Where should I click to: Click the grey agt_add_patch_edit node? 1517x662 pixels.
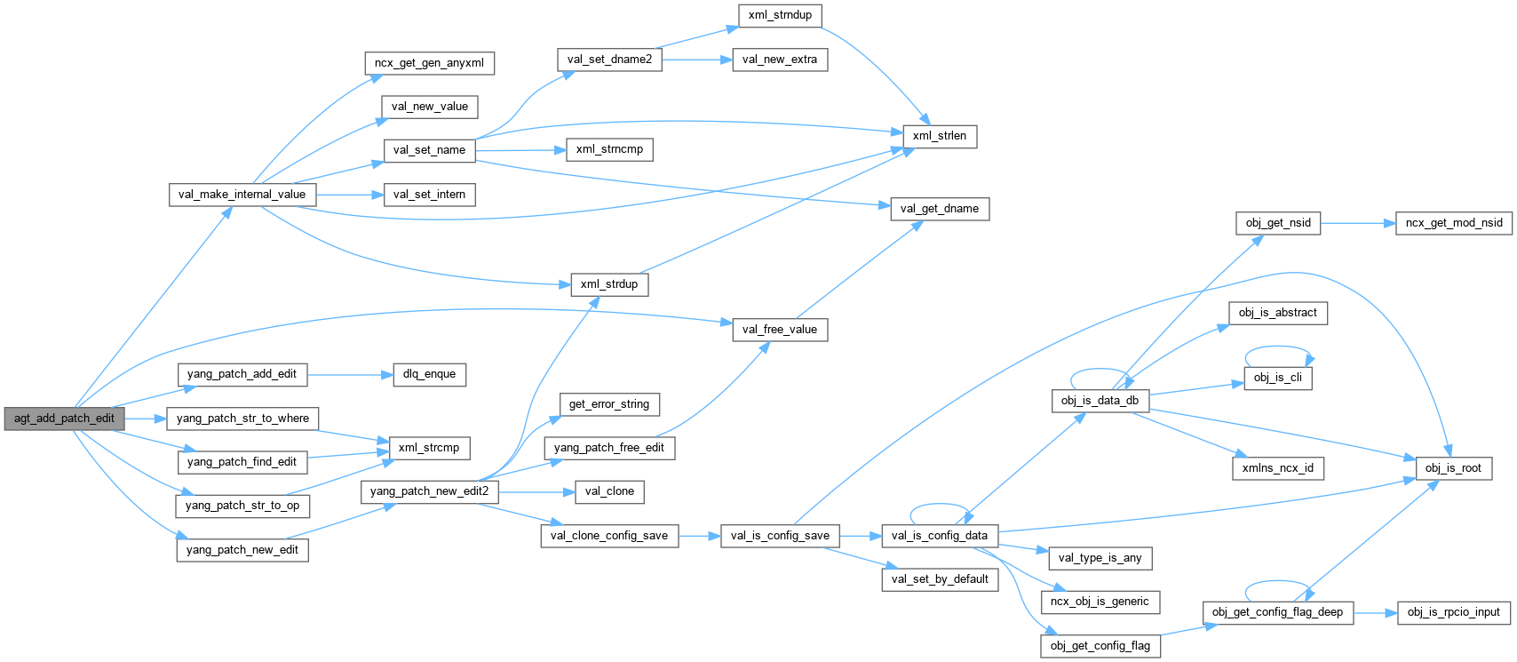[x=64, y=419]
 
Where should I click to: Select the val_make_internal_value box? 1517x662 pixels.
[x=242, y=195]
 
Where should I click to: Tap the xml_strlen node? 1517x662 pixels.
[x=939, y=136]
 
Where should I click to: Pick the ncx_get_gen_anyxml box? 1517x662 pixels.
[x=429, y=63]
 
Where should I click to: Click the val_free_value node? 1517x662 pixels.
[x=779, y=330]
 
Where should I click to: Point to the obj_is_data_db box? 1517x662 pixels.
[x=1100, y=401]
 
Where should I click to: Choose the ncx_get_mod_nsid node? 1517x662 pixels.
[x=1454, y=223]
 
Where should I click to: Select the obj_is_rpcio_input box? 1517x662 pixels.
[x=1453, y=612]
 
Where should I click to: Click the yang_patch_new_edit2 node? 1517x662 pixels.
[x=429, y=491]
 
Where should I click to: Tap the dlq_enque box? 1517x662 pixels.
[x=429, y=374]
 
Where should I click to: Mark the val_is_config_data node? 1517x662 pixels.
[x=939, y=536]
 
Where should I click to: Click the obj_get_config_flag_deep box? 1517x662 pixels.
[x=1277, y=612]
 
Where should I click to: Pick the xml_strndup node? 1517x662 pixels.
[x=780, y=15]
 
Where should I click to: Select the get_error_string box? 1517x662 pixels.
[x=609, y=404]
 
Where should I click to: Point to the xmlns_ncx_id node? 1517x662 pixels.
[x=1277, y=468]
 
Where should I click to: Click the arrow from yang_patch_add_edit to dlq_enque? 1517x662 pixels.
[x=350, y=374]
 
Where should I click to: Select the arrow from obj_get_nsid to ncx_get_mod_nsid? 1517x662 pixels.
[x=1358, y=223]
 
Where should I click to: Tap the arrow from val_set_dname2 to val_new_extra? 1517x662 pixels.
[x=696, y=60]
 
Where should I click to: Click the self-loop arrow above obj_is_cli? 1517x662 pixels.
[x=1279, y=348]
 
